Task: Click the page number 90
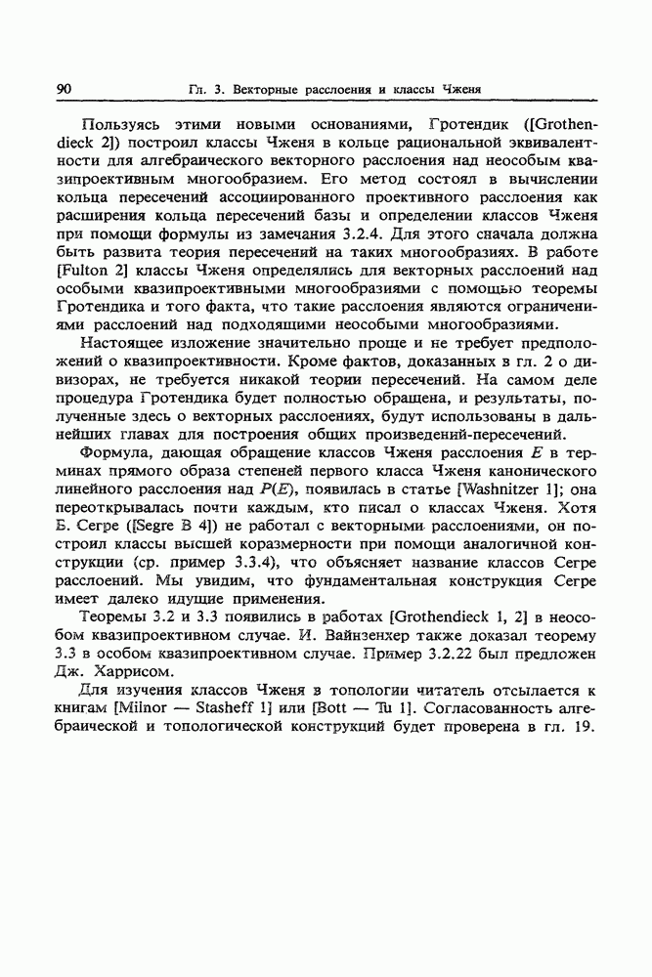65,90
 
